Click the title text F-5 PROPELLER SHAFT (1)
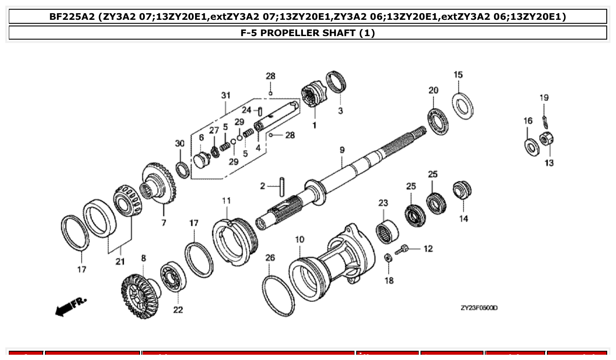(x=308, y=33)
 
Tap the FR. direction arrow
(x=70, y=306)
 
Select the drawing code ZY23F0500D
(x=479, y=308)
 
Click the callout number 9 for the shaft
(x=342, y=151)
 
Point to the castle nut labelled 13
(x=546, y=140)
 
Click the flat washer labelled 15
(x=463, y=107)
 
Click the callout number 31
(x=225, y=96)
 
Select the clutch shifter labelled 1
(x=313, y=96)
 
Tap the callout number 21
(x=120, y=262)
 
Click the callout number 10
(x=299, y=240)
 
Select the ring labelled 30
(x=182, y=169)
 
